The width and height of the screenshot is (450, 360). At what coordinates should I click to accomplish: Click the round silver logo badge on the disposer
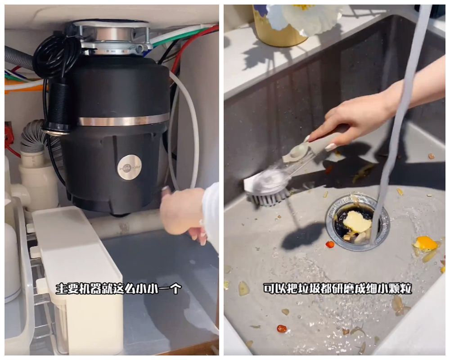(x=129, y=167)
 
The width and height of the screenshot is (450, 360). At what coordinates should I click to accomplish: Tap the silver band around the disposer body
(x=121, y=121)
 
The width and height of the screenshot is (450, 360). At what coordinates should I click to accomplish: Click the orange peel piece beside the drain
(x=425, y=244)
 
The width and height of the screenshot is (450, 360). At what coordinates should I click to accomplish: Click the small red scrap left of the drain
(x=330, y=244)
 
